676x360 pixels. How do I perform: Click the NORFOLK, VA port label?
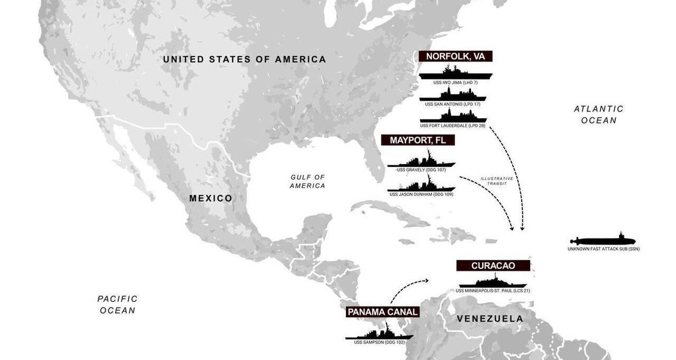(x=456, y=56)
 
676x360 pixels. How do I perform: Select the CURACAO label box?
(x=493, y=265)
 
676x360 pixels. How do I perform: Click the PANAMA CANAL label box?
(x=383, y=312)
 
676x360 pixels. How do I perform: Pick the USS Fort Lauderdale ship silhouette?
(x=453, y=117)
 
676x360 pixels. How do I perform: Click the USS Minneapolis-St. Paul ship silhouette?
(x=493, y=282)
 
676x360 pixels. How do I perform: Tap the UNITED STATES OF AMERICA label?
(x=244, y=59)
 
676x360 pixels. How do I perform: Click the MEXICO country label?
(x=211, y=198)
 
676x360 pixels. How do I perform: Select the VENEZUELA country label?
(x=490, y=319)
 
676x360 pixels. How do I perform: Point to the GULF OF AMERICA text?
(x=308, y=181)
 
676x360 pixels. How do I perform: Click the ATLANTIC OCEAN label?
(x=598, y=114)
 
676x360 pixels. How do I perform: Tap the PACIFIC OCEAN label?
(x=117, y=304)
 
